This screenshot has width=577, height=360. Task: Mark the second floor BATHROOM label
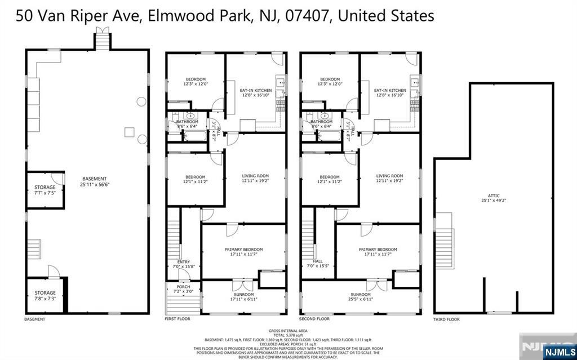(x=321, y=122)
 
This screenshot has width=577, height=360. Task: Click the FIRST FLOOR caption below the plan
(x=177, y=319)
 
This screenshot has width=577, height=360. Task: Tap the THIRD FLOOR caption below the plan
(x=446, y=319)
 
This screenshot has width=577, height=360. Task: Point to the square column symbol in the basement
(x=129, y=131)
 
